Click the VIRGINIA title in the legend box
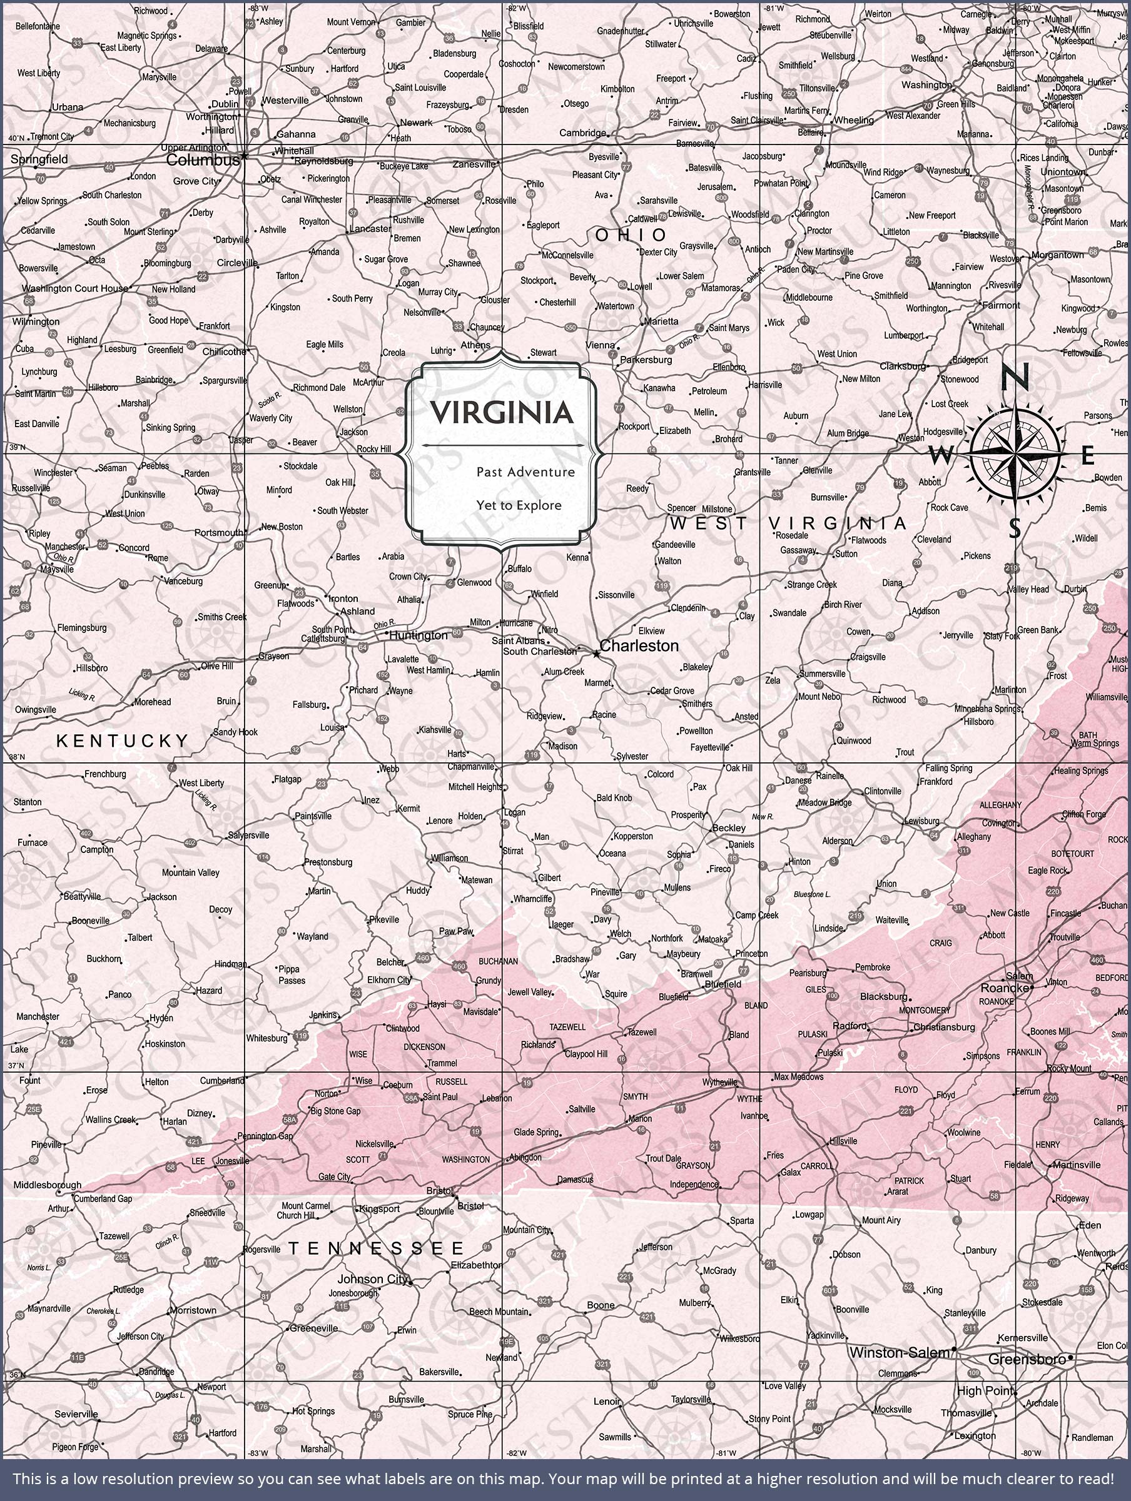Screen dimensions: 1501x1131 (502, 412)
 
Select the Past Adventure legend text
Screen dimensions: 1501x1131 (525, 472)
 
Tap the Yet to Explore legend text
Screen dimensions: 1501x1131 (519, 505)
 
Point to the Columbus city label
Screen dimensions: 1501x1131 (202, 160)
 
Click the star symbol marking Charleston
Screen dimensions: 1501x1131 (596, 654)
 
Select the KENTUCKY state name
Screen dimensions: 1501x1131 (123, 741)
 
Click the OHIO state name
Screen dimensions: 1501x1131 (631, 235)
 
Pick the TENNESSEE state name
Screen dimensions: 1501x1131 (377, 1248)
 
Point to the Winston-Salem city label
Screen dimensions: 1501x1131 (900, 1352)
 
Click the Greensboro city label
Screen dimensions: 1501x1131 (1027, 1359)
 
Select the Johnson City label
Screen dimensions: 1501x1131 (373, 1279)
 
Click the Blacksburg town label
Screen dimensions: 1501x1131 (883, 997)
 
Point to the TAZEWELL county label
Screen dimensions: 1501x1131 (567, 1027)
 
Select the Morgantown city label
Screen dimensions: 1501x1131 (1057, 255)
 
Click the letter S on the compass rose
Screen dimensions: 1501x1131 (1014, 527)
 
